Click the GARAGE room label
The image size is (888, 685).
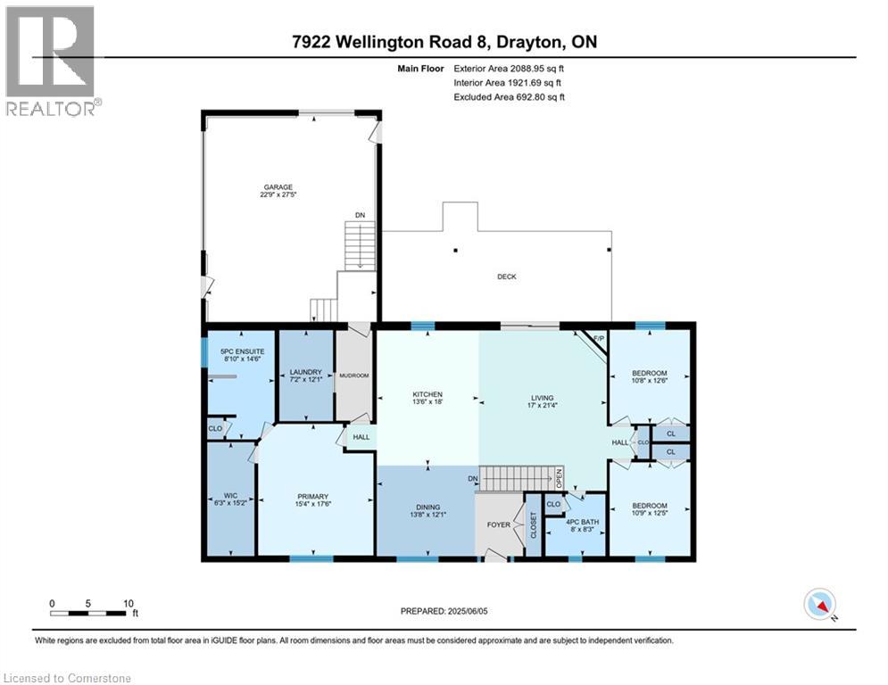pyautogui.click(x=278, y=187)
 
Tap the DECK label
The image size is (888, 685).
pyautogui.click(x=507, y=276)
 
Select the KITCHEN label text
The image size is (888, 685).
pyautogui.click(x=427, y=394)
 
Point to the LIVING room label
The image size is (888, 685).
pyautogui.click(x=542, y=398)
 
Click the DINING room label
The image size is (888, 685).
pyautogui.click(x=428, y=508)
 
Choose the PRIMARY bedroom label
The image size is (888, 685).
pyautogui.click(x=312, y=497)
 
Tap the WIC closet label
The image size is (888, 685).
pyautogui.click(x=230, y=496)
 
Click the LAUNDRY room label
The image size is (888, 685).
pyautogui.click(x=306, y=372)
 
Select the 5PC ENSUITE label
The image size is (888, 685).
pyautogui.click(x=243, y=351)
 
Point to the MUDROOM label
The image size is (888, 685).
pyautogui.click(x=354, y=376)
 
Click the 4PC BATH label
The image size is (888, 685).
pyautogui.click(x=583, y=522)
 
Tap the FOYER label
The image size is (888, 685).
pyautogui.click(x=499, y=524)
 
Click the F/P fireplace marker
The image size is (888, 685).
pyautogui.click(x=599, y=339)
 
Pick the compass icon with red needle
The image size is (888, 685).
pyautogui.click(x=820, y=604)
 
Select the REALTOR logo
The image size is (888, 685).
pyautogui.click(x=51, y=62)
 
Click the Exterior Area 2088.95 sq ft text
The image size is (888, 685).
pyautogui.click(x=509, y=69)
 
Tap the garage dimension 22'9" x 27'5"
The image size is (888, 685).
pyautogui.click(x=278, y=194)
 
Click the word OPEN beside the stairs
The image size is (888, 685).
pyautogui.click(x=559, y=478)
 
